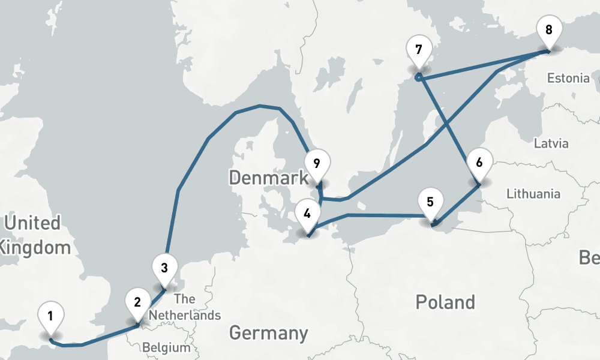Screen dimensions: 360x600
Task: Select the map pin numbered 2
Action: [137, 302]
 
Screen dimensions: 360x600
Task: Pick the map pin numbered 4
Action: [307, 214]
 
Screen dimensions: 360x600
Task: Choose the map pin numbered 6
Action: [479, 163]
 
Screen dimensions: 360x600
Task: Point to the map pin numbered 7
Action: [418, 49]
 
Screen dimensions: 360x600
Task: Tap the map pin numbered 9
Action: [317, 164]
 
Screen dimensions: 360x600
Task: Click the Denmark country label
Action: [268, 178]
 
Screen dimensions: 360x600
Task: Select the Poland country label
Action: [445, 302]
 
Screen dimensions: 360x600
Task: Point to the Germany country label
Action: [268, 332]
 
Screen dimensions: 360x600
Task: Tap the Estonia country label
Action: [568, 78]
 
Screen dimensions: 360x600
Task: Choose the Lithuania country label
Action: [533, 194]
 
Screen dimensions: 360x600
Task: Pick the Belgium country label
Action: [166, 347]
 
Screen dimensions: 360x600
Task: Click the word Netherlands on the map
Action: [185, 315]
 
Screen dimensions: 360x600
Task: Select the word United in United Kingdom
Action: [32, 223]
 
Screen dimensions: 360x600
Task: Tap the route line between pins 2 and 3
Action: [151, 309]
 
